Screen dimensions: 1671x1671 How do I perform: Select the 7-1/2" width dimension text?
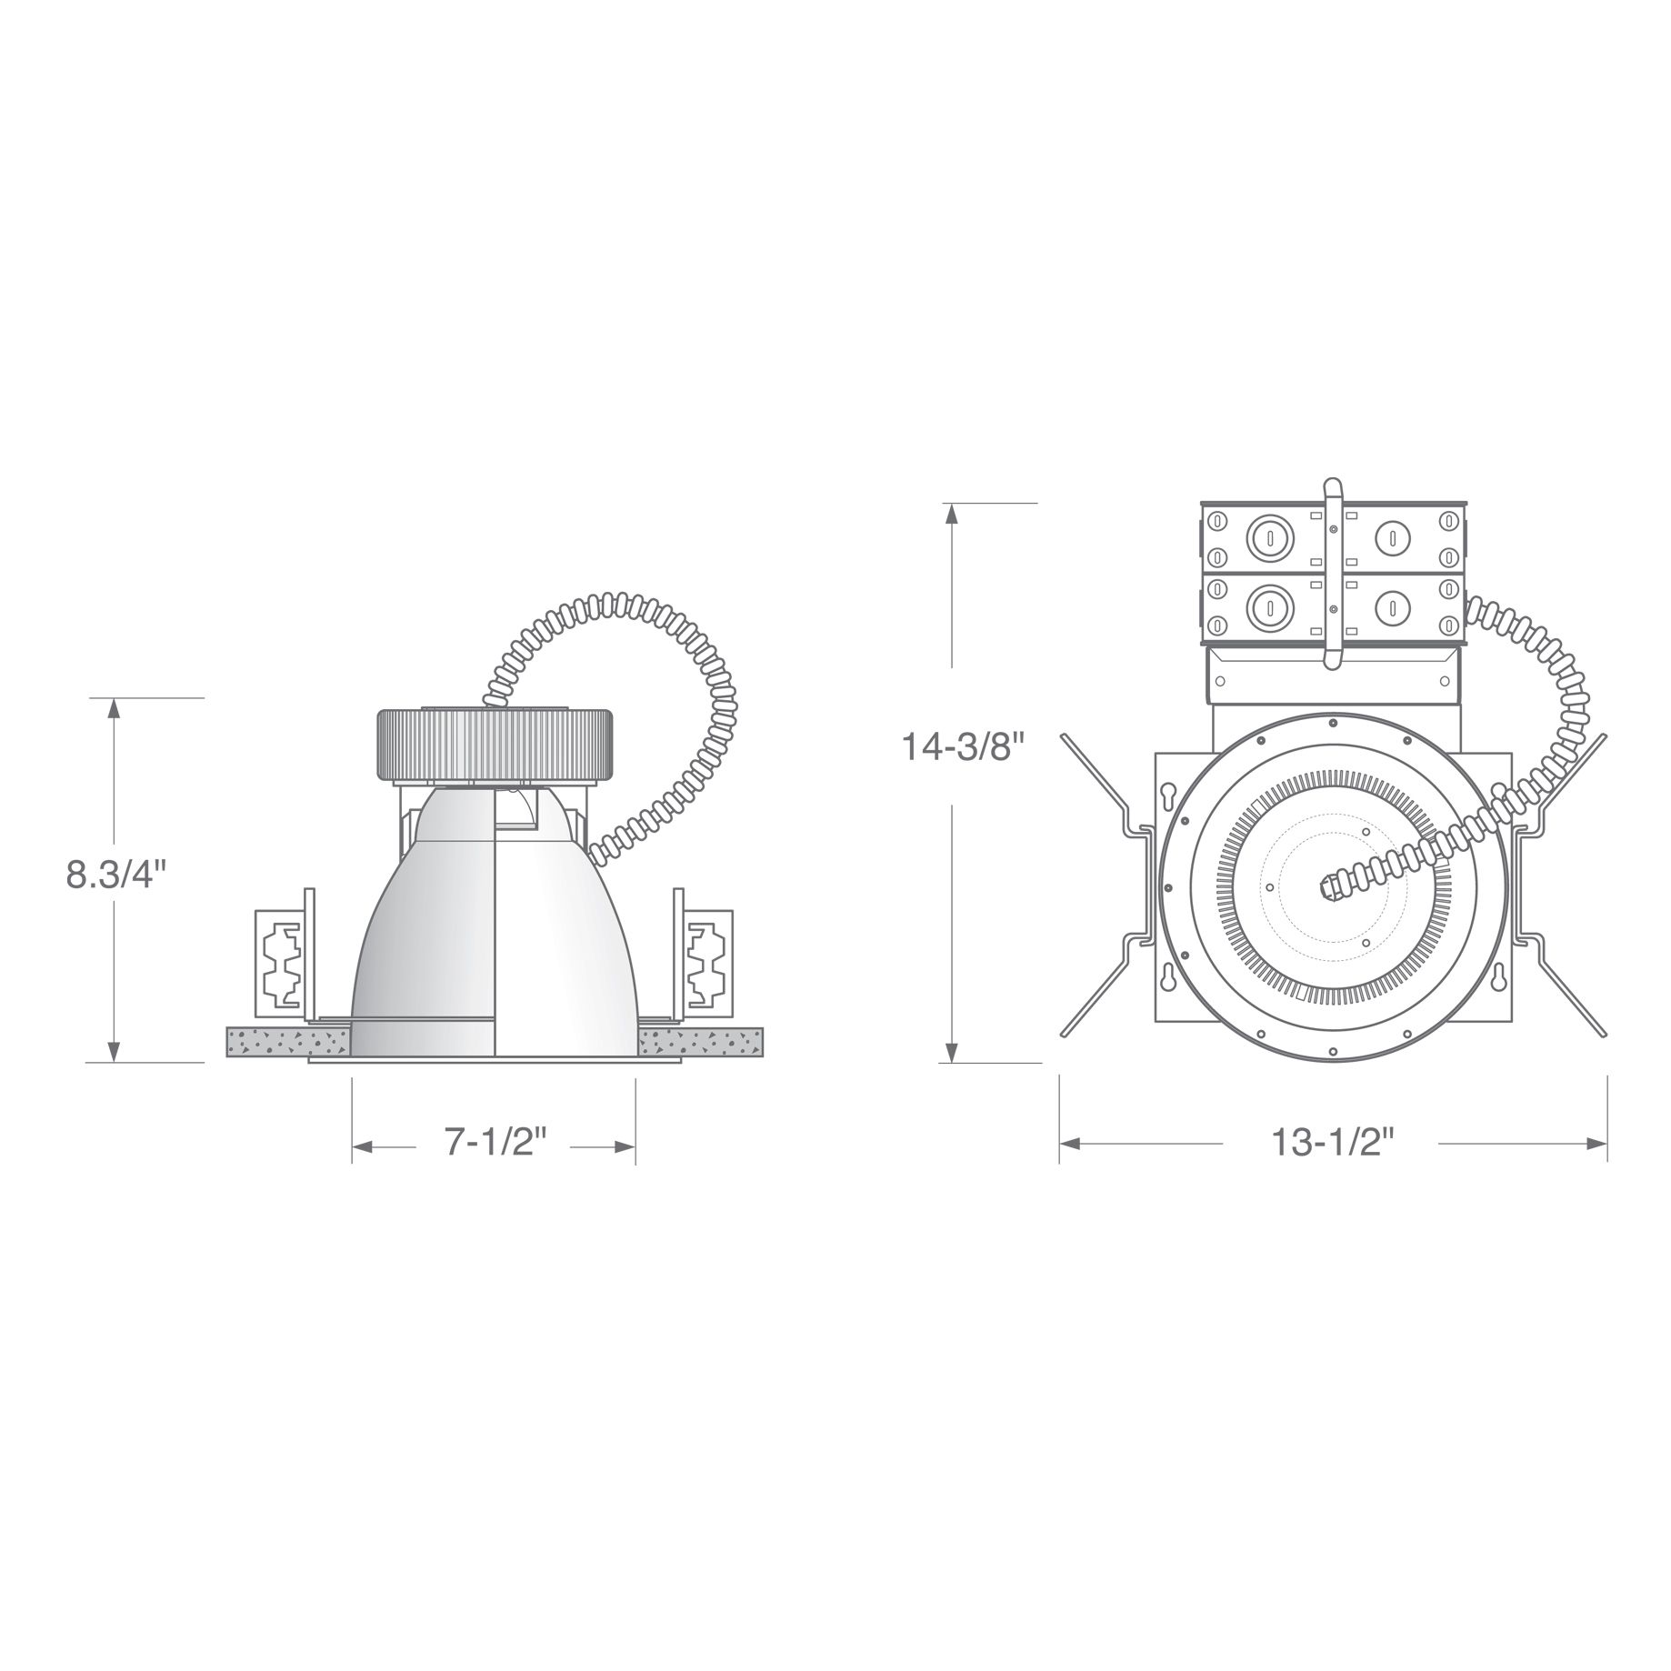click(495, 1141)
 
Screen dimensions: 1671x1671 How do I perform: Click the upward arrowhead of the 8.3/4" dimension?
click(114, 708)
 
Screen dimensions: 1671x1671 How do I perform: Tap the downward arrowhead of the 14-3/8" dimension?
click(951, 1051)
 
